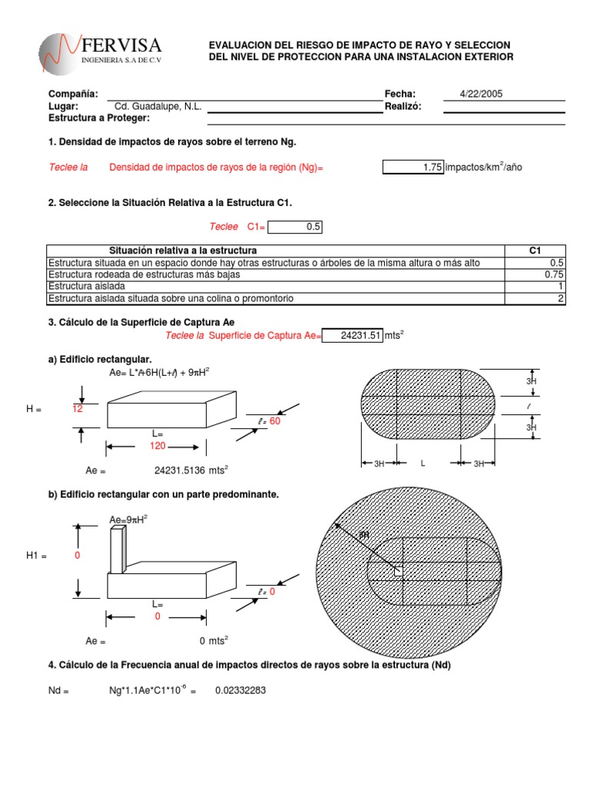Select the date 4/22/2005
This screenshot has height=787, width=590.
tap(481, 94)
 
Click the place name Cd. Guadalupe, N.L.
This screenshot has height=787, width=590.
tap(157, 106)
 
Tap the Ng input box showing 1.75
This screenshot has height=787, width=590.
tap(413, 168)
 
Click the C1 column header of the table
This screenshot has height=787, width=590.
tap(535, 251)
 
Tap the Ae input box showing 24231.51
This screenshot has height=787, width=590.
tap(351, 335)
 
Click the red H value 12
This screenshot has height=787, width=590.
tap(77, 410)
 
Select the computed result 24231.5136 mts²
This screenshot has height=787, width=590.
tap(191, 471)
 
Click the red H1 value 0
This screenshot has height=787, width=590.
tap(78, 556)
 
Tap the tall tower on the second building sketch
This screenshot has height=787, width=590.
tap(117, 550)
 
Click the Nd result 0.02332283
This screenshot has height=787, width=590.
tap(240, 690)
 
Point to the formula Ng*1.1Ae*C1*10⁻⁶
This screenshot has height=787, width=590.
tap(148, 690)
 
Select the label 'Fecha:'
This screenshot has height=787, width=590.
tap(399, 94)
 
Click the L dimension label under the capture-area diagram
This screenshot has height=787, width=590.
tap(422, 464)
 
